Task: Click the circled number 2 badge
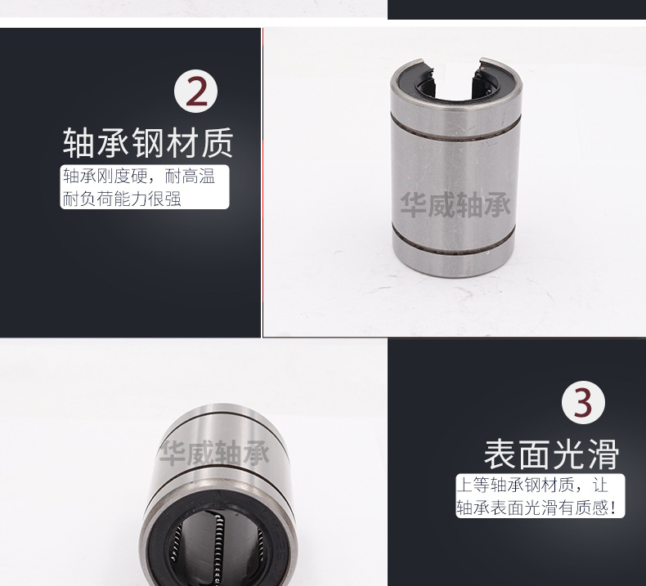coord(197,92)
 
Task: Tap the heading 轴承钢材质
coord(148,142)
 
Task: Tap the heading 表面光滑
coord(551,454)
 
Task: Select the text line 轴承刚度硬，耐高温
coord(138,177)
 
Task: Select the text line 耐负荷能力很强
coord(122,199)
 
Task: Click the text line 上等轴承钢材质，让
coord(532,485)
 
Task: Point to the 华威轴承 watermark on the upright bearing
coord(455,204)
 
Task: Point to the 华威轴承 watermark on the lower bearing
coord(214,453)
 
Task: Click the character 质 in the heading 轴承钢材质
coord(216,142)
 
